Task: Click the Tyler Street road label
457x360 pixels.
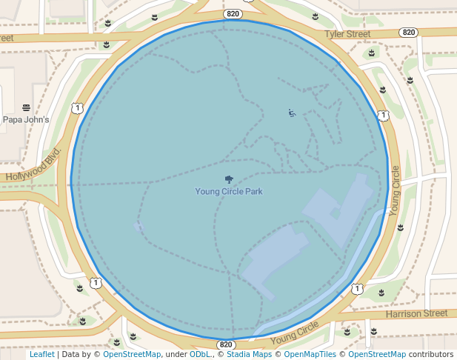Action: [347, 34]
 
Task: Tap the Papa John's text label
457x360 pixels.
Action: [26, 119]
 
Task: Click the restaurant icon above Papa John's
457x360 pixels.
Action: [26, 107]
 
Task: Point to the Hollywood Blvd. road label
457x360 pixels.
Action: [33, 167]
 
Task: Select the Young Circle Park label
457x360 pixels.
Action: [229, 191]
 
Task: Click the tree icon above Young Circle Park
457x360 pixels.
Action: [229, 179]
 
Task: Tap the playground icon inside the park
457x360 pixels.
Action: [292, 113]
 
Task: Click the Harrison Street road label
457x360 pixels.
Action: [417, 314]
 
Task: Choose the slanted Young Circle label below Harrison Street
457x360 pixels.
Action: [294, 334]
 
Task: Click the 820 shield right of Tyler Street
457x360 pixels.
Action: [408, 33]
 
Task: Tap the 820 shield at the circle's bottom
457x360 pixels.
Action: [227, 345]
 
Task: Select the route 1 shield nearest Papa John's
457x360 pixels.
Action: [77, 109]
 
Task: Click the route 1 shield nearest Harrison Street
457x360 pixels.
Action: [358, 288]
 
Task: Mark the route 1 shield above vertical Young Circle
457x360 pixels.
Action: [382, 116]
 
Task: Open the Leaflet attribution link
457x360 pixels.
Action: [41, 354]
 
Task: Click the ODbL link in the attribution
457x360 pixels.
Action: [200, 354]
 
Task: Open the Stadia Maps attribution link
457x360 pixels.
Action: [249, 354]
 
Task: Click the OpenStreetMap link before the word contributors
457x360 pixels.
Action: [377, 354]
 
